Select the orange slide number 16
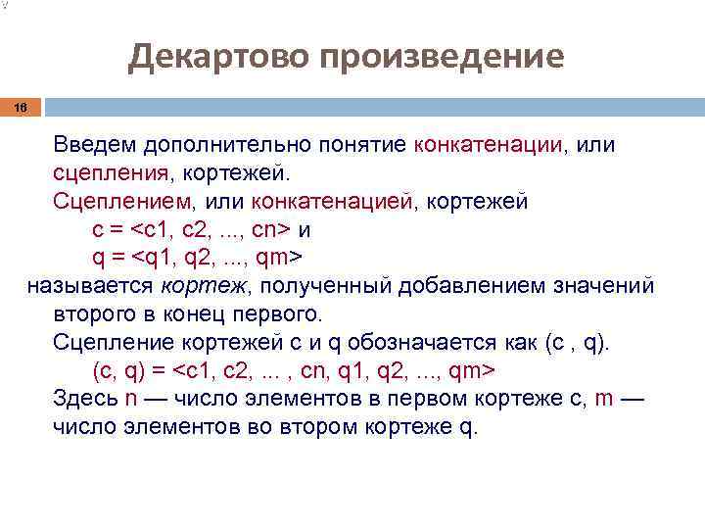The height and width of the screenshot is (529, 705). [21, 109]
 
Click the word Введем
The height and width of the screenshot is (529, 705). [95, 145]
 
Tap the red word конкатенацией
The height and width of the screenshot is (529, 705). [333, 202]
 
